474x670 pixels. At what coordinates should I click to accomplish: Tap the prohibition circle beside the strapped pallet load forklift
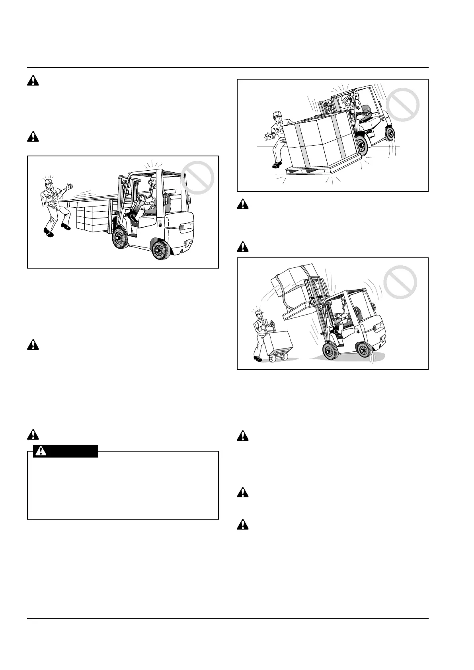click(x=403, y=104)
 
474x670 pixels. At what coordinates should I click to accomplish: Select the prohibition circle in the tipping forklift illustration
click(x=400, y=282)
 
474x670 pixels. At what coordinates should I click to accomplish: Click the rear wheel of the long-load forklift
click(x=161, y=250)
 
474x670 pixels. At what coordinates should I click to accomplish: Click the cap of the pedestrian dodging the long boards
click(x=48, y=182)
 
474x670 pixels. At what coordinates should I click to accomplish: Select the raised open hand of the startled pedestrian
click(x=70, y=186)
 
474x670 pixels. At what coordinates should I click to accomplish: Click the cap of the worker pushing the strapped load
click(x=277, y=115)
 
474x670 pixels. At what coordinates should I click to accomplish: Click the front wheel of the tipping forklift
click(x=330, y=351)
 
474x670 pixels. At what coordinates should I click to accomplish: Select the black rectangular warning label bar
click(x=66, y=451)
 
